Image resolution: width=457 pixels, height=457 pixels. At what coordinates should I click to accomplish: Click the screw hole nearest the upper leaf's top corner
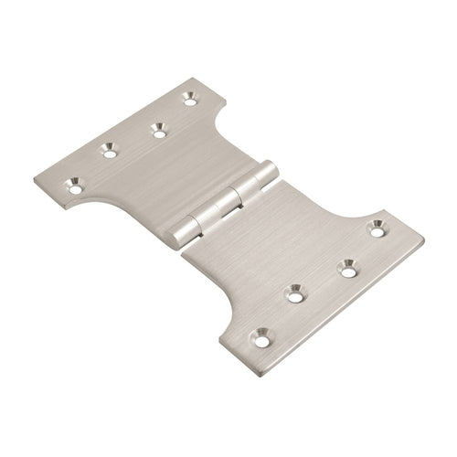point(190,95)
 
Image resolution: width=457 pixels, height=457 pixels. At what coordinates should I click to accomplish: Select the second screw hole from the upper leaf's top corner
point(159,132)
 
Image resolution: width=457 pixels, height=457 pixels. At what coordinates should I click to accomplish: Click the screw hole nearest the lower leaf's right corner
point(375,227)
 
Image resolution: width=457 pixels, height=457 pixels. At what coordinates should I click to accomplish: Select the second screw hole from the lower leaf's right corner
point(345,268)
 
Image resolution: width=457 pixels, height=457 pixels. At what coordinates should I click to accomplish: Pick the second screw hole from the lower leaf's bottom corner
point(294,293)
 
